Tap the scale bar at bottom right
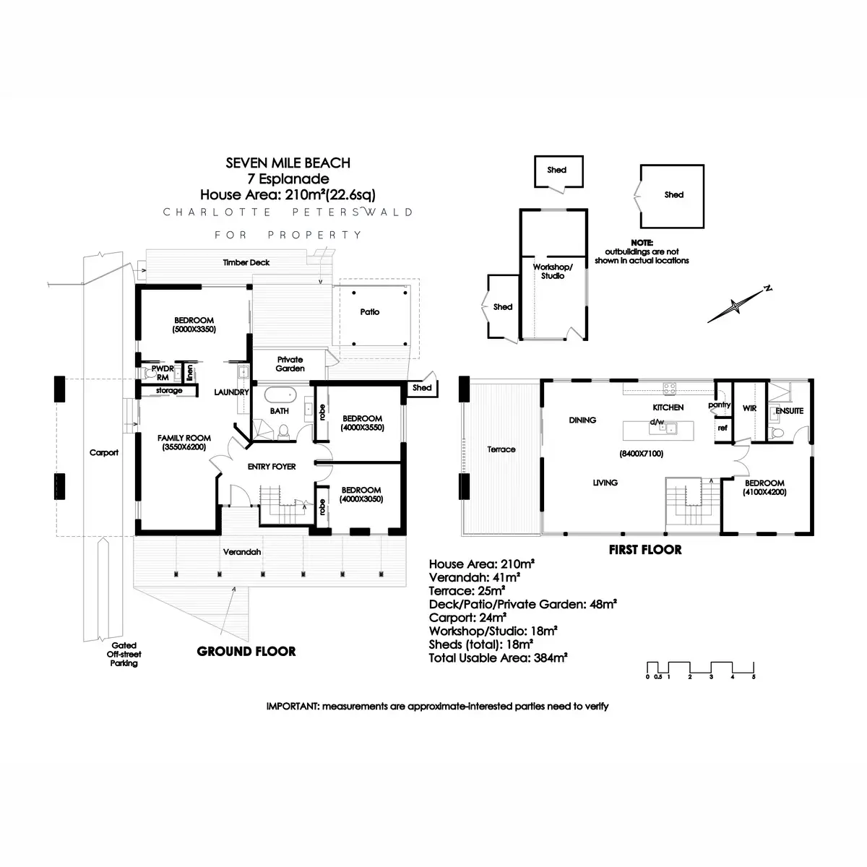click(x=700, y=668)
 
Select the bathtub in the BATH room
click(x=280, y=395)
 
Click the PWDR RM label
click(x=163, y=373)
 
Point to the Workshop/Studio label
click(x=553, y=271)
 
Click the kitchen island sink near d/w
click(x=669, y=428)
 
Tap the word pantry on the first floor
click(x=720, y=405)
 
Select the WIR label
click(x=749, y=408)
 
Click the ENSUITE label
click(x=789, y=411)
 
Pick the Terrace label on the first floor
click(x=501, y=449)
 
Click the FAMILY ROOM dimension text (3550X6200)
click(x=184, y=447)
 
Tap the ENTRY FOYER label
click(x=272, y=467)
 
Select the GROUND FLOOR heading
click(x=246, y=652)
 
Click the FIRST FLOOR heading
click(x=645, y=550)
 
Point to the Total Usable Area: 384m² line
click(x=498, y=658)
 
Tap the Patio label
click(x=370, y=312)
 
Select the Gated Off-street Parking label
click(x=124, y=655)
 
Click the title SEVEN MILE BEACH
click(x=288, y=163)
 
